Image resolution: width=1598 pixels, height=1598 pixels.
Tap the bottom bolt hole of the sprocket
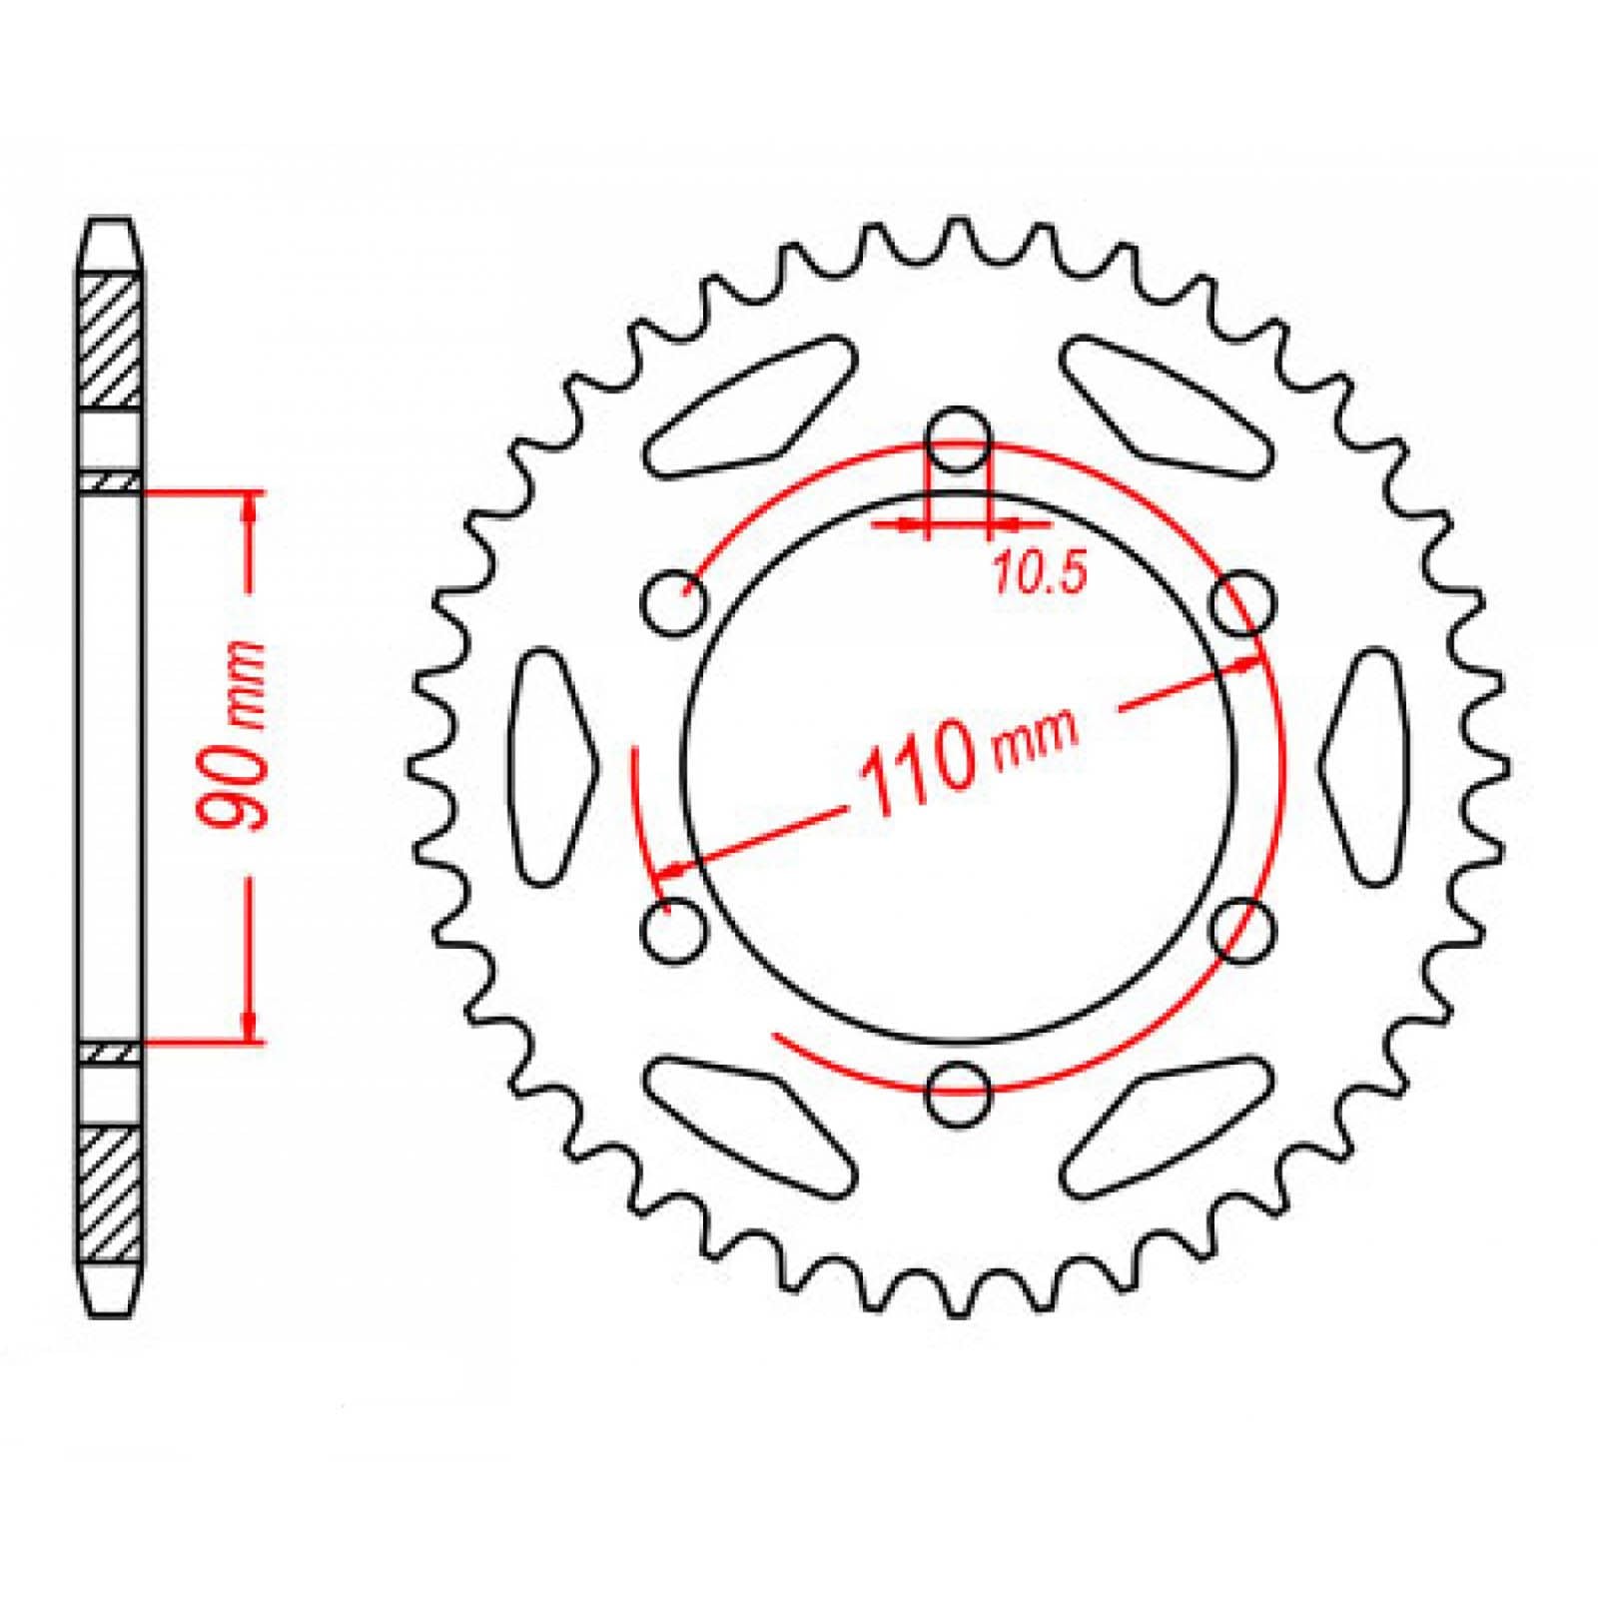pyautogui.click(x=959, y=1093)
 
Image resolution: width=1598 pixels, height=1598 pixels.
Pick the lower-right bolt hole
pyautogui.click(x=1242, y=930)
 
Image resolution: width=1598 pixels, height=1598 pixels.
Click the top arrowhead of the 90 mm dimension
pyautogui.click(x=250, y=507)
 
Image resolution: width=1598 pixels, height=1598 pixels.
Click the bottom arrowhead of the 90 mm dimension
pyautogui.click(x=250, y=1025)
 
